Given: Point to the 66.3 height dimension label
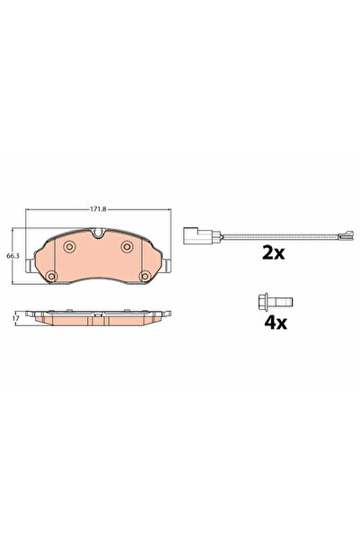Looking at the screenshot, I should click(12, 257).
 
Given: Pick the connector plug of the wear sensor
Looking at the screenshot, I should click(192, 237).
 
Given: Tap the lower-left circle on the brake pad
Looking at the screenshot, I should click(53, 274).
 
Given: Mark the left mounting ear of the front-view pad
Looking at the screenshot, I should click(31, 267).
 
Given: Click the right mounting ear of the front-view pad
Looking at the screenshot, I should click(168, 267).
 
